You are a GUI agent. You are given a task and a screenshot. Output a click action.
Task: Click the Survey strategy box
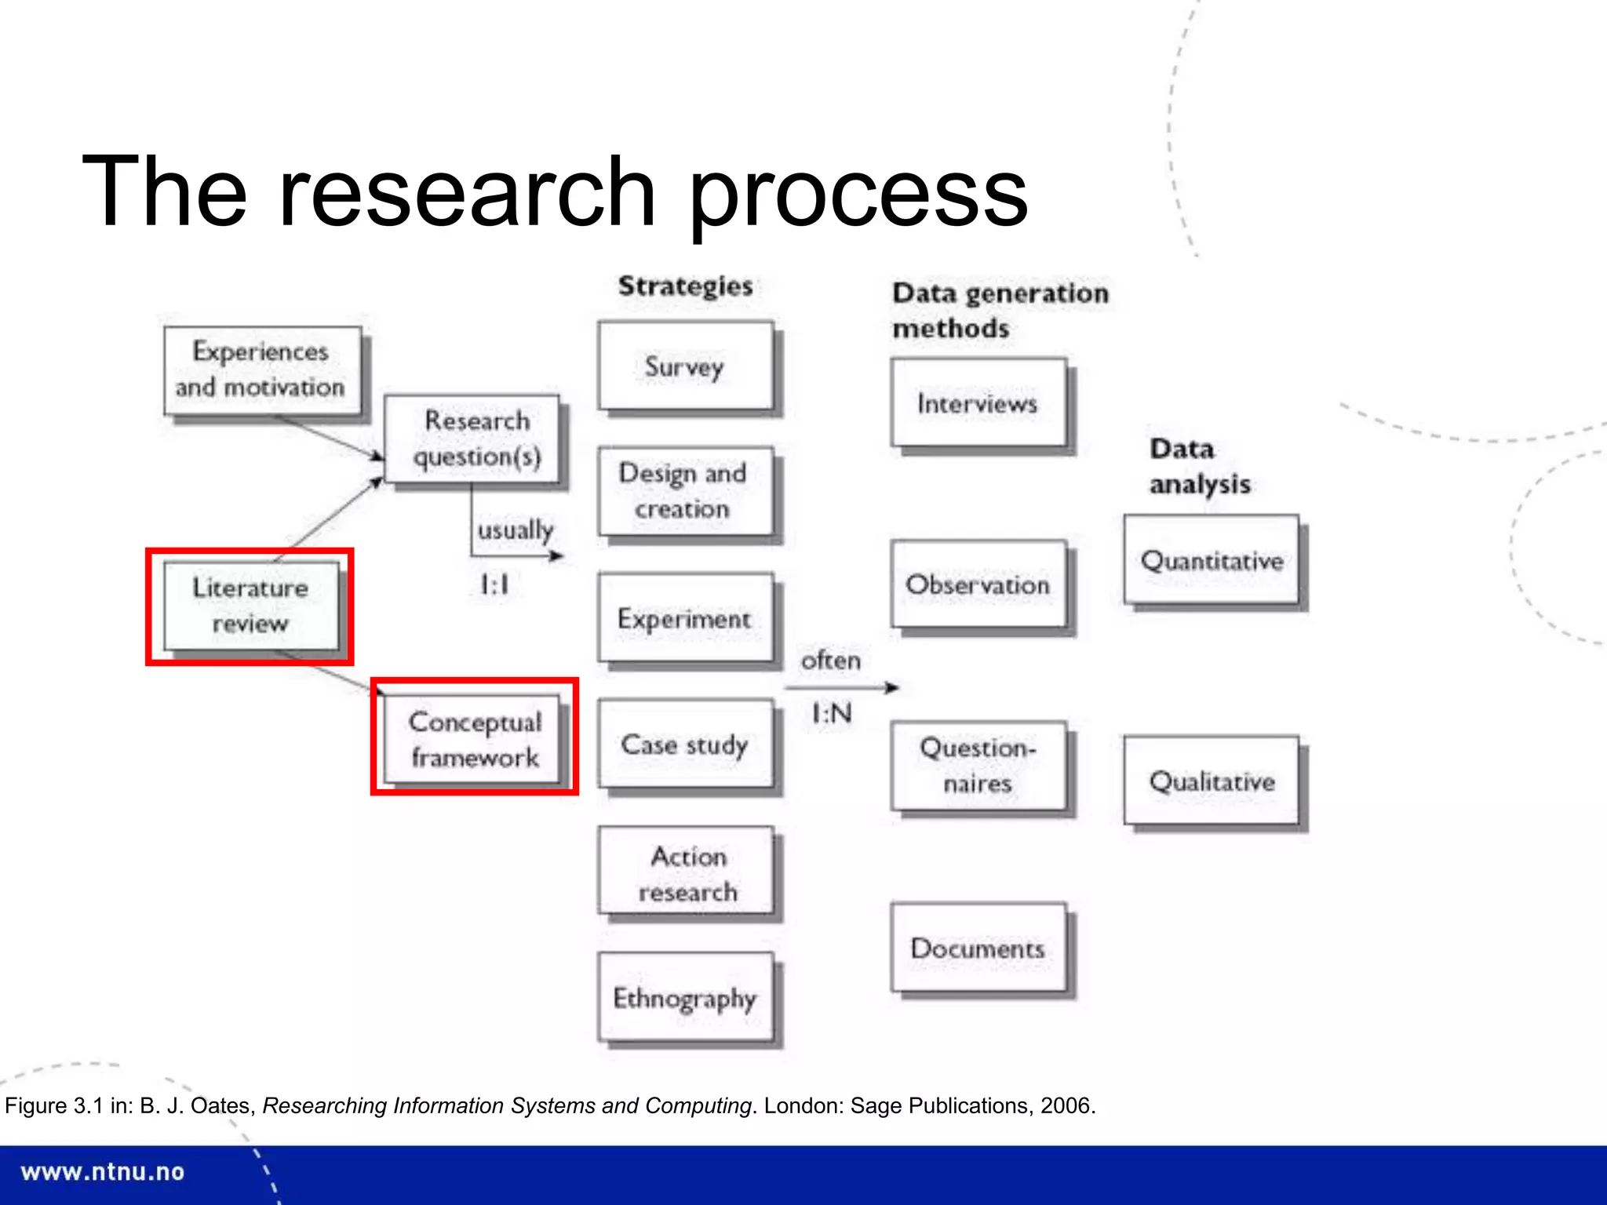[685, 366]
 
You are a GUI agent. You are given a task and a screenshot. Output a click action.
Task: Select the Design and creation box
[685, 491]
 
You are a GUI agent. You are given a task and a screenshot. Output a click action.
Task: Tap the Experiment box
[685, 618]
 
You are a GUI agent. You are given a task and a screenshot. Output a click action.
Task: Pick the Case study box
[685, 744]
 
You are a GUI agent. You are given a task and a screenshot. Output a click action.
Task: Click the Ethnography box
[685, 998]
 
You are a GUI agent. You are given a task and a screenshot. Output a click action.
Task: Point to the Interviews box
[978, 403]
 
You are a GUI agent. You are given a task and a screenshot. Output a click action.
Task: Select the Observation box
[978, 584]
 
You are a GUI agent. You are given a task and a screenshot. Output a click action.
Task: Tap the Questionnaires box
[978, 766]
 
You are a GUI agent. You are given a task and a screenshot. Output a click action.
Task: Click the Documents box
[978, 948]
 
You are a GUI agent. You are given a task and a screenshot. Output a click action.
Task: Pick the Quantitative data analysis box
[1212, 560]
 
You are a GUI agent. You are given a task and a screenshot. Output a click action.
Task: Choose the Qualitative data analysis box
[1212, 781]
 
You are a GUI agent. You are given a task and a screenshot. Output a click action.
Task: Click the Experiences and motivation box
[262, 370]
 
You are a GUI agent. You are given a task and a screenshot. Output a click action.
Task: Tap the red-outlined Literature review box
[250, 606]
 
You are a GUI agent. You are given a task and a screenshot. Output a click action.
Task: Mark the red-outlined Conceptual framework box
[475, 738]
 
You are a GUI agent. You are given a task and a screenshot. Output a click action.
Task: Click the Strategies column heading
[685, 286]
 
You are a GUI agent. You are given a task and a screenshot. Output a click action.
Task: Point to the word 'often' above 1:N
[830, 661]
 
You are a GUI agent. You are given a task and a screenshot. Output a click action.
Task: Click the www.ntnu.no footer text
[103, 1172]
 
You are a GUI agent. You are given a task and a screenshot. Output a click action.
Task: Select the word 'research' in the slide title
[467, 191]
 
